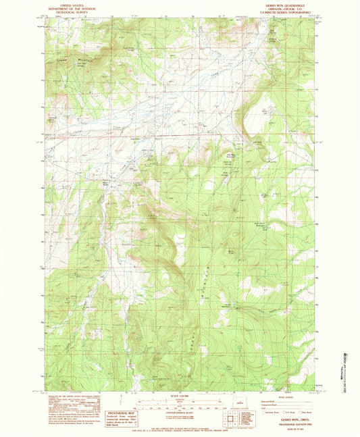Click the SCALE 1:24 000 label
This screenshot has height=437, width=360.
pyautogui.click(x=180, y=396)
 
